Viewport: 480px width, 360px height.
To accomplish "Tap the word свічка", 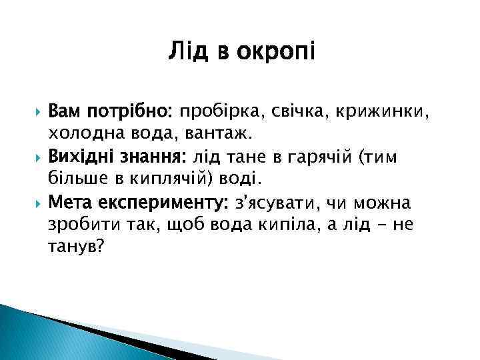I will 289,111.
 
